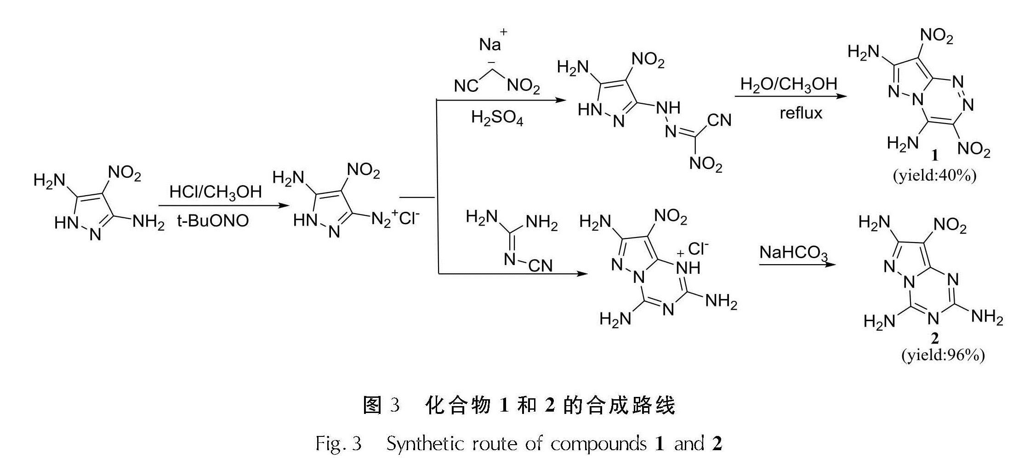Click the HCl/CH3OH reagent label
(x=216, y=192)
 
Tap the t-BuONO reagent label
(x=213, y=221)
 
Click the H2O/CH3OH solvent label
(x=789, y=85)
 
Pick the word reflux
(x=801, y=113)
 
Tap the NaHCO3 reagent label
(x=794, y=253)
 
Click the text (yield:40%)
(x=934, y=175)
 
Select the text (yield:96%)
(x=943, y=355)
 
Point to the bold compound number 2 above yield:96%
(x=935, y=339)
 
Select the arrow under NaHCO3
(x=797, y=265)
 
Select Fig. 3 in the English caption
(x=338, y=444)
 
